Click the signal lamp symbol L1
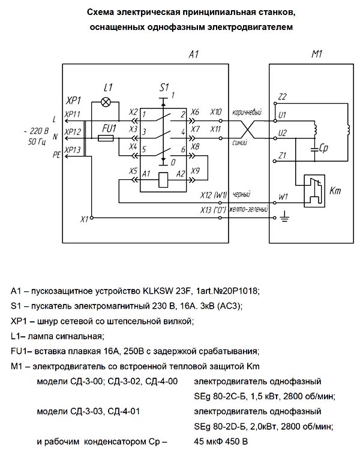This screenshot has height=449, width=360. [x=106, y=102]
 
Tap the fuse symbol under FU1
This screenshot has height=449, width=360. [x=106, y=138]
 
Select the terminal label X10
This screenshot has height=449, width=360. [x=217, y=112]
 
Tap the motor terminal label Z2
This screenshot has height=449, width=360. [x=283, y=97]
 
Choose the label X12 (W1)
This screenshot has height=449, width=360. [x=214, y=195]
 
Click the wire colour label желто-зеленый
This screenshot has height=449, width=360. [x=247, y=209]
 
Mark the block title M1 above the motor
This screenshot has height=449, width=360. [x=317, y=55]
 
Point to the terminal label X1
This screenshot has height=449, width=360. [x=84, y=219]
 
